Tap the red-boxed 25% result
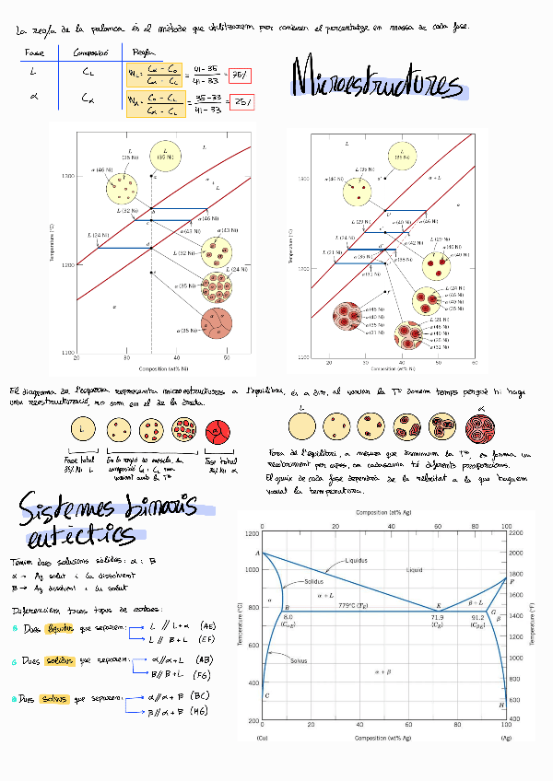point(241,102)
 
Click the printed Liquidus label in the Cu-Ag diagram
point(359,560)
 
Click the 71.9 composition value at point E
point(437,617)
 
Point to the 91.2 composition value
point(477,617)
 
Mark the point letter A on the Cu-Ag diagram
point(257,552)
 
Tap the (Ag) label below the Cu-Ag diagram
point(506,739)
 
